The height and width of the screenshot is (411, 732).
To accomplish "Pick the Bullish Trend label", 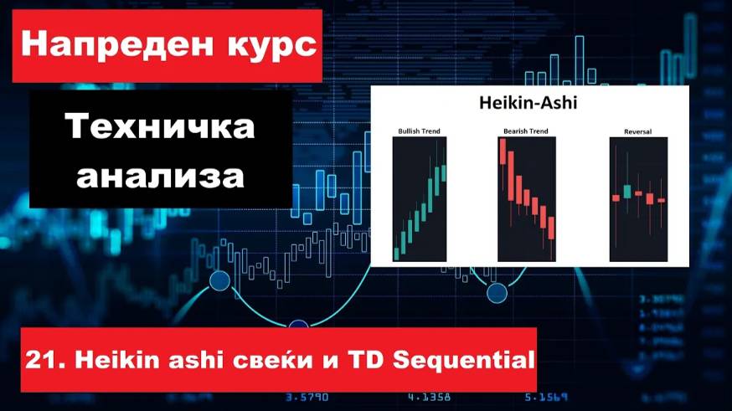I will [x=419, y=131].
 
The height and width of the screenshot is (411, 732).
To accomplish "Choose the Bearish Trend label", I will [x=526, y=131].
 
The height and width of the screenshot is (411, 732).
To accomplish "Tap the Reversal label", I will [x=637, y=131].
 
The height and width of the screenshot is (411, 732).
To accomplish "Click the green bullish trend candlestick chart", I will [x=420, y=199].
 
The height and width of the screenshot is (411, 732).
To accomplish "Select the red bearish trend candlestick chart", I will [x=527, y=199].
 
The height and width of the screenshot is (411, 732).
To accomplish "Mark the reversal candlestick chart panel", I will [x=638, y=199].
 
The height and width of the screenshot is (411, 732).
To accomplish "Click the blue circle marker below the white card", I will [x=497, y=293].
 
